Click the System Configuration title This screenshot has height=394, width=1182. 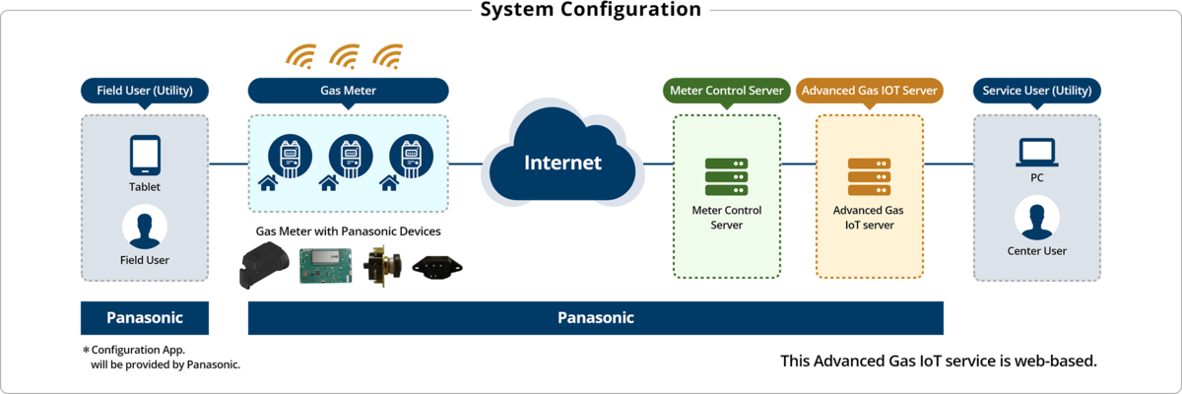coord(590,11)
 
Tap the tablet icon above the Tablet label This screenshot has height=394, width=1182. coord(145,156)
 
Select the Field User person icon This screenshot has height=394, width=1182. coord(144,229)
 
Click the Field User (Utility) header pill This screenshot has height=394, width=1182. coord(144,91)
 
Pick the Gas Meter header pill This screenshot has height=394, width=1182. coord(348,91)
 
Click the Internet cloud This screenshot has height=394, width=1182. coord(562,162)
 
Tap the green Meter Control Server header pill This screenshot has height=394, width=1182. coord(727,91)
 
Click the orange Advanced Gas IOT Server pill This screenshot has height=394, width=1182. coord(869,91)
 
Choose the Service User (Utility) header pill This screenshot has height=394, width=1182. coord(1037,91)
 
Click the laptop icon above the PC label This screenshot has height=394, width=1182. coord(1036,153)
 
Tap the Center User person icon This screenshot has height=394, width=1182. coord(1036,219)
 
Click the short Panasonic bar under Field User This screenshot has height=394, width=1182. coord(145,317)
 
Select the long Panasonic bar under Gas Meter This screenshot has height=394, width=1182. coord(596,317)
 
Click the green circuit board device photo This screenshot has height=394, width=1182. coord(327,266)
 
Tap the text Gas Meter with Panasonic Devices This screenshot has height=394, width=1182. coord(348,230)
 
